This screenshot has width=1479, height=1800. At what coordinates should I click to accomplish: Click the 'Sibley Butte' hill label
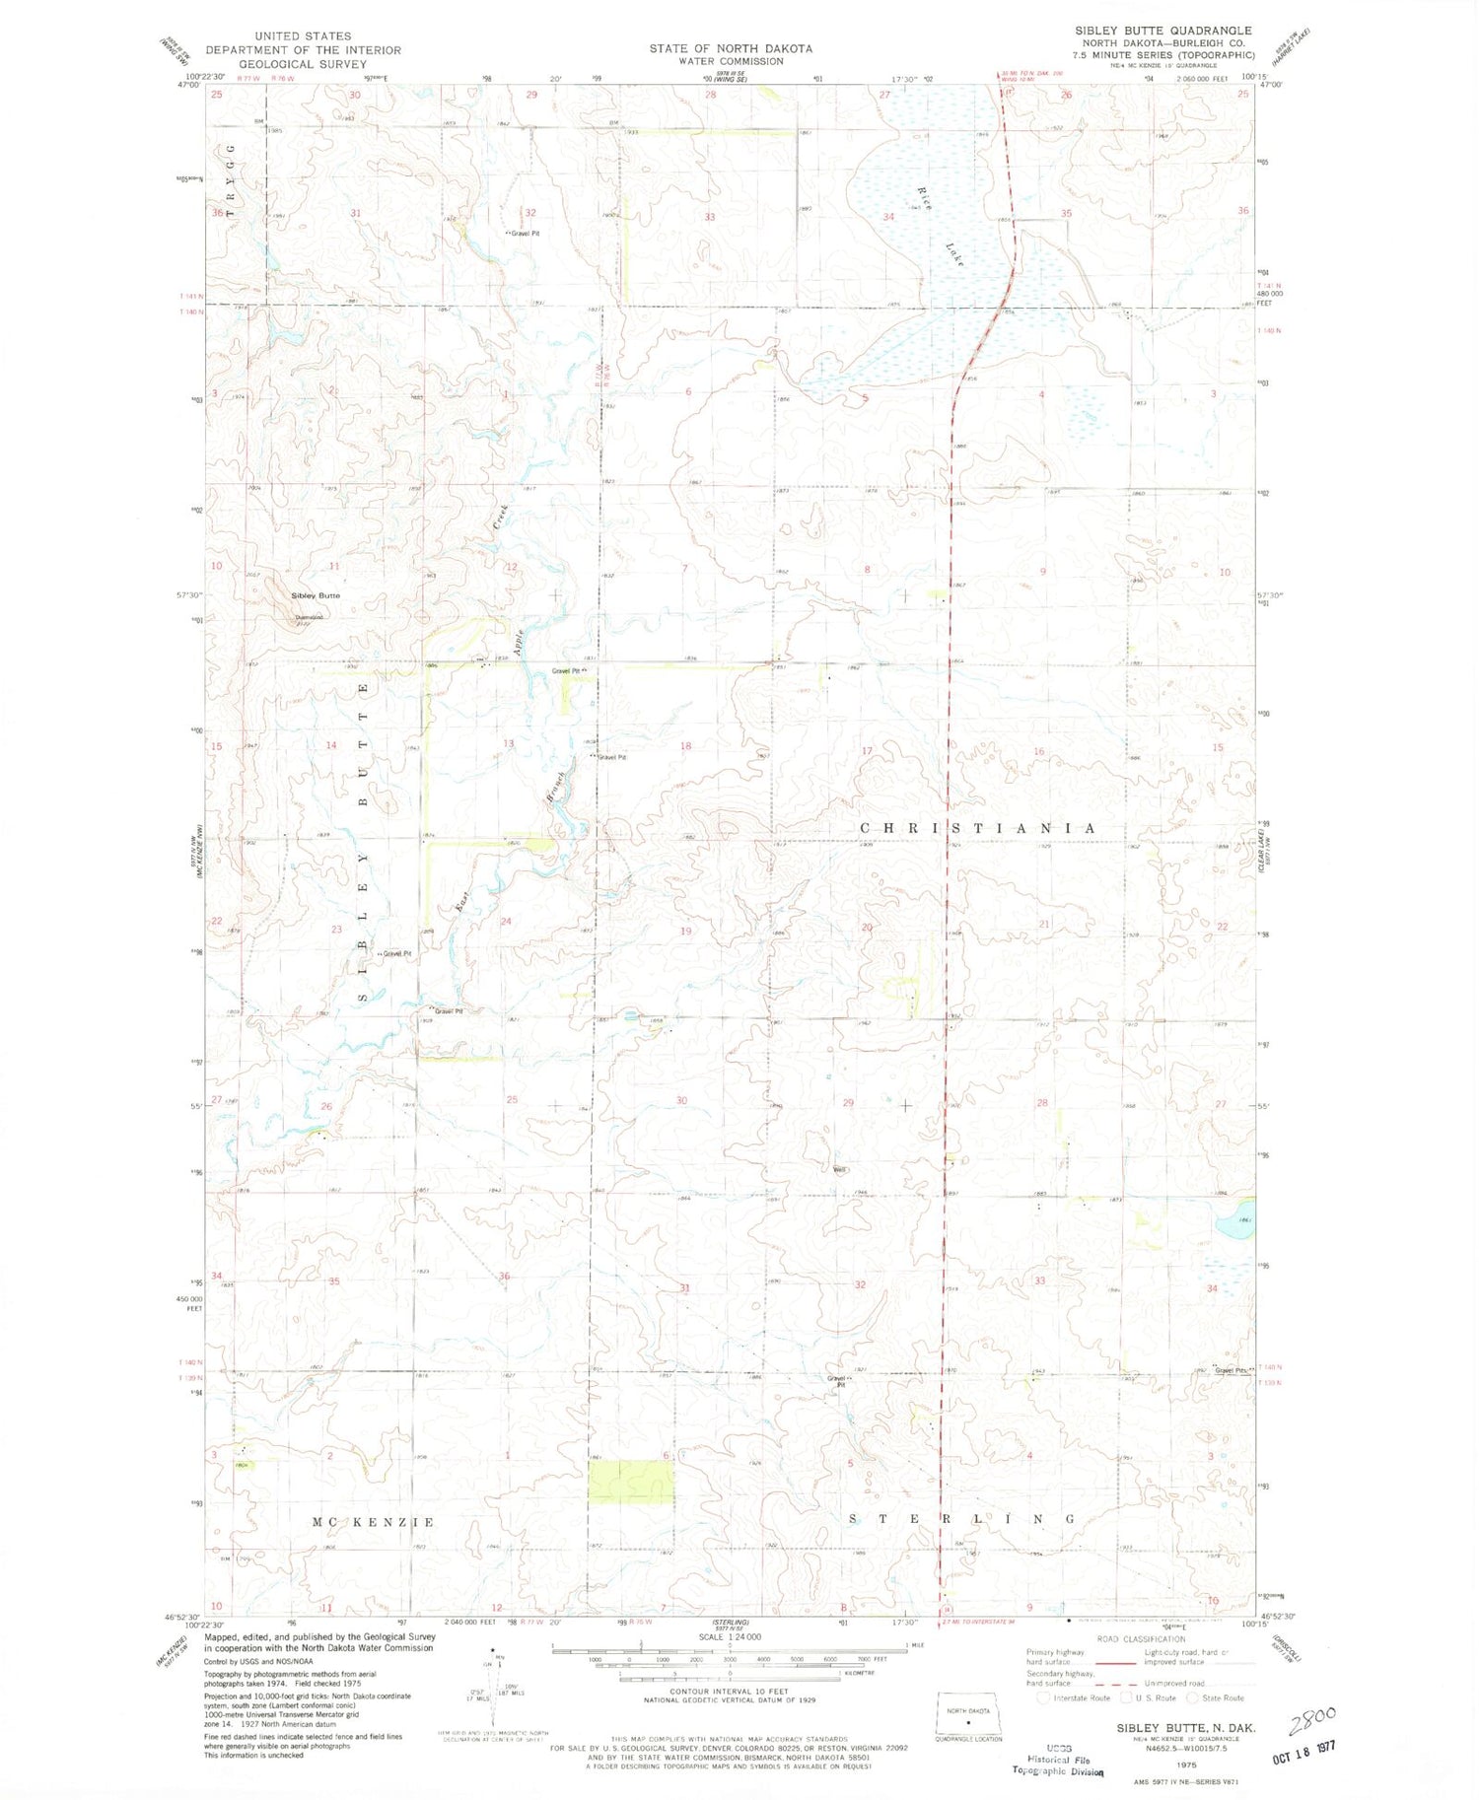coord(315,595)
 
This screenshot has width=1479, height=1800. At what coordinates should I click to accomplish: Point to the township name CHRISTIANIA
coord(977,828)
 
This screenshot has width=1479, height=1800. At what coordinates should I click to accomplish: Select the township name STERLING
coord(961,1519)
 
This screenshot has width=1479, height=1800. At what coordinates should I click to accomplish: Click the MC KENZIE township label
coord(374,1522)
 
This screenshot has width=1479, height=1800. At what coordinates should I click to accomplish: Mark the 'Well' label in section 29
coord(840,1170)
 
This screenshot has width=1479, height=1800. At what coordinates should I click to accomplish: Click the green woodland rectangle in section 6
coord(631,1482)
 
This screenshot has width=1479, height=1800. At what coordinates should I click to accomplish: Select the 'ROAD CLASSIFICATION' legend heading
coord(1142,1638)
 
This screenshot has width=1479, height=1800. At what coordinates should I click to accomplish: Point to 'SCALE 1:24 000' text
coord(730,1636)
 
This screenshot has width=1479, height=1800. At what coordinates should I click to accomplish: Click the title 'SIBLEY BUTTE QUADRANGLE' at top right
coord(1163,31)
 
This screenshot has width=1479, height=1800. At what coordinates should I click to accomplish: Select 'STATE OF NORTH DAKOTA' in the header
coord(731,48)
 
